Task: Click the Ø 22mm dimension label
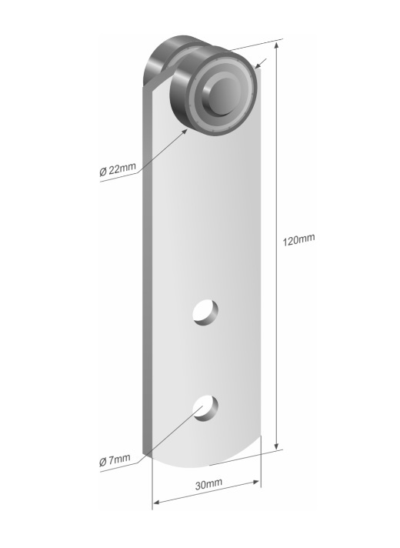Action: coord(118,170)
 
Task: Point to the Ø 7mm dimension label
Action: coord(115,461)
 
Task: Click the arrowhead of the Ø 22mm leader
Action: coord(187,131)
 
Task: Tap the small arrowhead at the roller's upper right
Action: coord(261,68)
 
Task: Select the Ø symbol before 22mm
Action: coord(103,170)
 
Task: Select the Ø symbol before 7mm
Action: coord(103,461)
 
